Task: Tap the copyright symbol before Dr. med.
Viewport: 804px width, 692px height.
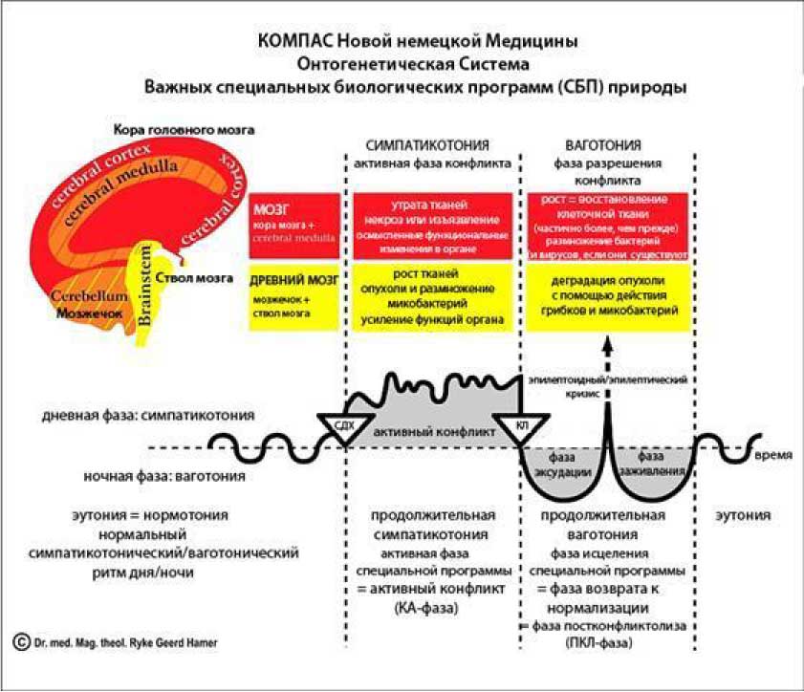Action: (x=20, y=643)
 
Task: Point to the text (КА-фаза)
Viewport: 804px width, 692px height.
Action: (x=428, y=607)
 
